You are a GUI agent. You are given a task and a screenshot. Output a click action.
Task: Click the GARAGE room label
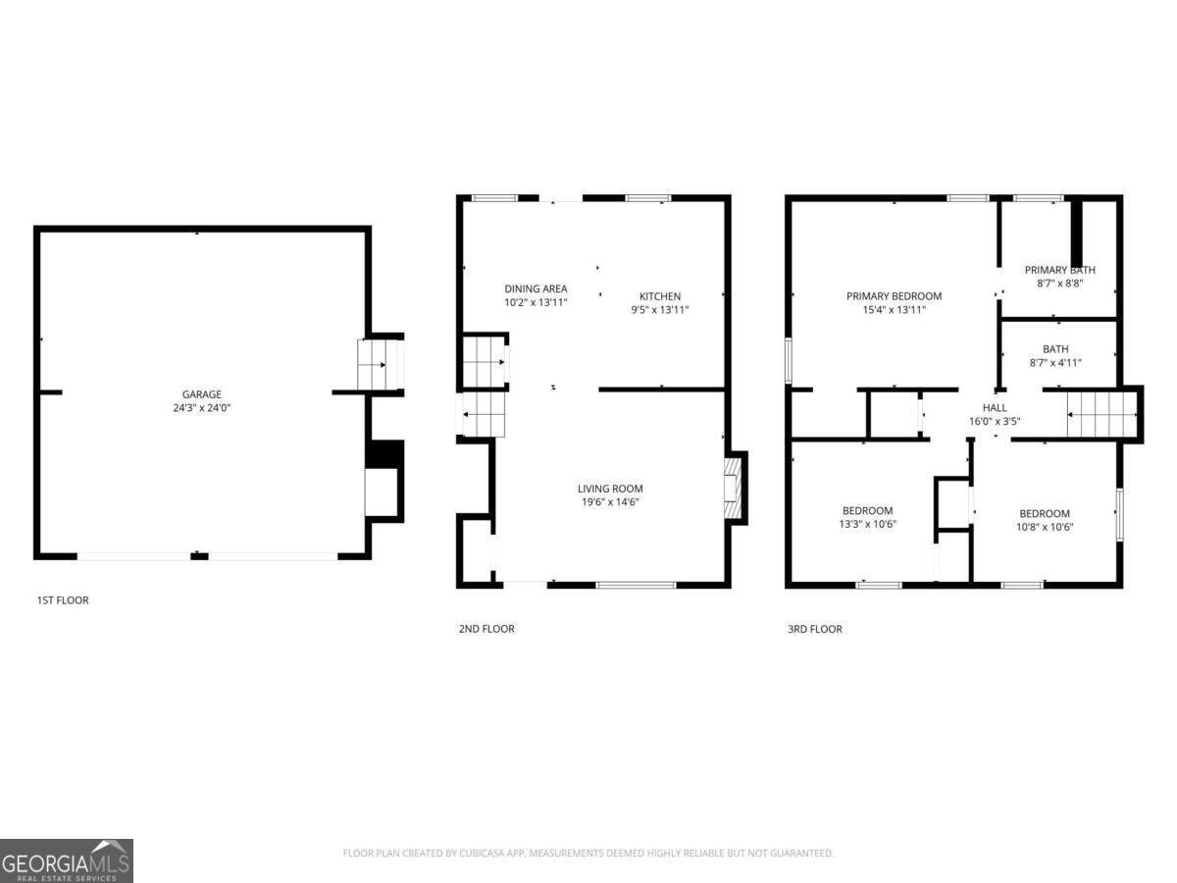[201, 394]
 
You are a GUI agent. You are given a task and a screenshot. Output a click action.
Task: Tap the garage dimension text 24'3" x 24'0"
[201, 407]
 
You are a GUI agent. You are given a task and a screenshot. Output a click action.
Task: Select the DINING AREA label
[536, 288]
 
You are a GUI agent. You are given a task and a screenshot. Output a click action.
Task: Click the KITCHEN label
[659, 296]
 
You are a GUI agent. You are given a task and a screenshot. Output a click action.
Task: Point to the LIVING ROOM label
[609, 489]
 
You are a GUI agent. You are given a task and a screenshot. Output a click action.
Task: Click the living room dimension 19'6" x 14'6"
[609, 502]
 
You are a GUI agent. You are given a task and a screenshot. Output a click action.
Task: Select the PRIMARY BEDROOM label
[894, 296]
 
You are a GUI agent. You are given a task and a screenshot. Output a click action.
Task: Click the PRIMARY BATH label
[1059, 270]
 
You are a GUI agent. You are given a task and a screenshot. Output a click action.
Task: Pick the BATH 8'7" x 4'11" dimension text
[1055, 362]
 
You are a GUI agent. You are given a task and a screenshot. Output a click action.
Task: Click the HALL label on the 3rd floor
[995, 408]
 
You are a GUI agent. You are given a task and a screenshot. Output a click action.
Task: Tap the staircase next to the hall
[1100, 414]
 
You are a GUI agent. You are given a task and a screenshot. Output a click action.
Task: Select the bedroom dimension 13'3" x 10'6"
[867, 524]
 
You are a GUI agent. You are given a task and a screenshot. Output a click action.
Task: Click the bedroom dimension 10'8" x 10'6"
[1044, 527]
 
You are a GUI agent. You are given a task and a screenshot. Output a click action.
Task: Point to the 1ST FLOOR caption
[63, 599]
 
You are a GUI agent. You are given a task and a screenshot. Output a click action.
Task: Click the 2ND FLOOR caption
[486, 629]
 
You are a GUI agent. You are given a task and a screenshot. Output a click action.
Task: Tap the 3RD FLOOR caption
[814, 629]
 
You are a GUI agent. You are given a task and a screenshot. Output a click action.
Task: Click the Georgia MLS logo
[66, 860]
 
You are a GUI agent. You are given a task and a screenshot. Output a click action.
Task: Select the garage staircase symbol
[381, 364]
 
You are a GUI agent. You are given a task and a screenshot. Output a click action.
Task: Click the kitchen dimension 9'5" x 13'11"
[659, 310]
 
